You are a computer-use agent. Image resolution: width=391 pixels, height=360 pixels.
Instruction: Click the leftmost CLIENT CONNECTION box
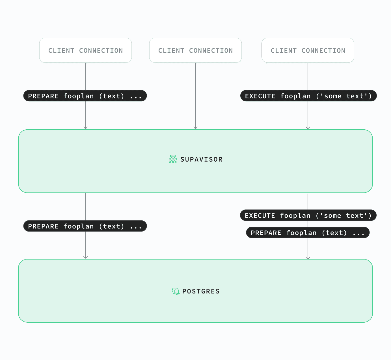[x=85, y=50]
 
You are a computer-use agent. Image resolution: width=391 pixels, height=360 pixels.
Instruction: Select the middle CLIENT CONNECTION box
[x=195, y=50]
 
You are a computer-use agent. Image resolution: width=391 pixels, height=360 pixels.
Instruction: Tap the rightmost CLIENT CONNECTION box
[x=308, y=50]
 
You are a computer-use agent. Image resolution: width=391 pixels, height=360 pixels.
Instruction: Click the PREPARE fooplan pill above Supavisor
[x=85, y=96]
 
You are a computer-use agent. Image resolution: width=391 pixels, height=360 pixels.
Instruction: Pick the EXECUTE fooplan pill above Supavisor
[x=308, y=96]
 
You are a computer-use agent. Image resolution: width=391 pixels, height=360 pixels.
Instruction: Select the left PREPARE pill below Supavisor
[x=85, y=226]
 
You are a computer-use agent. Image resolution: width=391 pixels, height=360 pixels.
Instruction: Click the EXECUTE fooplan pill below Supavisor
[x=308, y=215]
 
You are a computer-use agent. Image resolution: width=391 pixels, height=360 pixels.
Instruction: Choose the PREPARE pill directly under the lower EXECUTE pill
[x=308, y=232]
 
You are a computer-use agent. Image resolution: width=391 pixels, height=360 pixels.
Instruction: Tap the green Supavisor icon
[x=173, y=159]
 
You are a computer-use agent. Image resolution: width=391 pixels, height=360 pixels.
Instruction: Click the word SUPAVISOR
[x=201, y=159]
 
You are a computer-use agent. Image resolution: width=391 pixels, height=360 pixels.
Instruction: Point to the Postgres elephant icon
[x=175, y=291]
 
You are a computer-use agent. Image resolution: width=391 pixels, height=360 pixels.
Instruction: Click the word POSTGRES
[x=201, y=291]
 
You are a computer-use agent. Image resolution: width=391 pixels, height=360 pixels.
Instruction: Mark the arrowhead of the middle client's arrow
[x=196, y=128]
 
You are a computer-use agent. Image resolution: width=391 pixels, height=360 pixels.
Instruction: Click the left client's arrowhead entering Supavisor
[x=85, y=128]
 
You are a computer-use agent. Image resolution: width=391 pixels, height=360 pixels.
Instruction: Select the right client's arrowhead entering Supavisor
[x=308, y=128]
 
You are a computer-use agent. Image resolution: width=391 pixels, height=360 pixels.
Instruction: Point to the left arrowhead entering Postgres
[x=85, y=258]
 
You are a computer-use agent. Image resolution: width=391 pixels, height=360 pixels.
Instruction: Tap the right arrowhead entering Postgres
[x=308, y=258]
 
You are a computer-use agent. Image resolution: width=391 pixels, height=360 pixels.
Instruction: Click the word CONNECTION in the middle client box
[x=211, y=51]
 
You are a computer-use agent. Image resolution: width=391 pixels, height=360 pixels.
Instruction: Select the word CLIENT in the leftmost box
[x=61, y=51]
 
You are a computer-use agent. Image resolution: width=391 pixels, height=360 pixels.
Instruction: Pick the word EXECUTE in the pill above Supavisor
[x=260, y=96]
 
